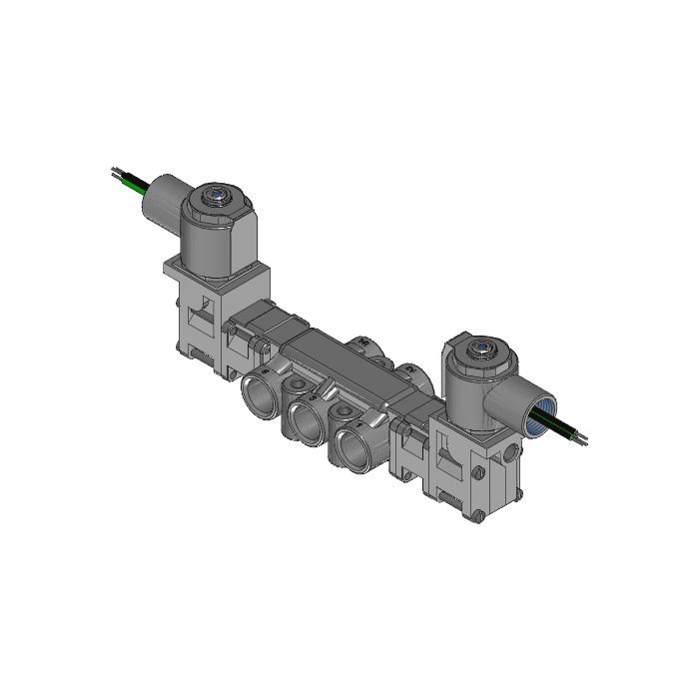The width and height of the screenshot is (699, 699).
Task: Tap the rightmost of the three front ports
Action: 352,449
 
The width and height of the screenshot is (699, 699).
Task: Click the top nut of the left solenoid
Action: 215,196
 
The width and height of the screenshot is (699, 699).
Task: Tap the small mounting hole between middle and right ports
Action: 343,410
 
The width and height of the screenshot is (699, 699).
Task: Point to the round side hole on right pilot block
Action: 512,452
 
